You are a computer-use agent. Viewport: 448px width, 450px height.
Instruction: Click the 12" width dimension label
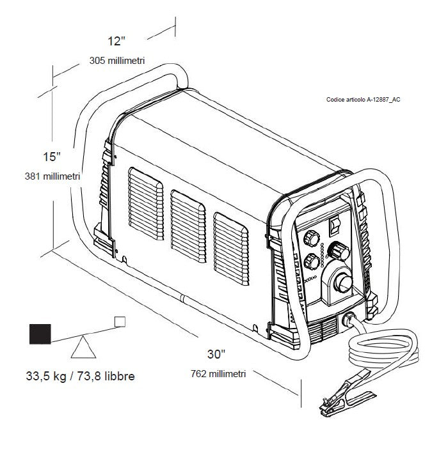(x=116, y=41)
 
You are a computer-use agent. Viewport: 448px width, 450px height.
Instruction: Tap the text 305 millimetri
(x=117, y=61)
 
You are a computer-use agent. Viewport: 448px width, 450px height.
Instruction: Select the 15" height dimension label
(x=52, y=157)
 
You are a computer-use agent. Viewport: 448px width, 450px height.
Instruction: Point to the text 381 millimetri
(x=52, y=176)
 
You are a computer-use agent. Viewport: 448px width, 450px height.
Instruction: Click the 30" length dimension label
(x=216, y=354)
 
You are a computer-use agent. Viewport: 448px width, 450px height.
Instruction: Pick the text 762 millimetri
(x=218, y=374)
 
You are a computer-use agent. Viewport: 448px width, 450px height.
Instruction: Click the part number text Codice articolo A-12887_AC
(x=364, y=100)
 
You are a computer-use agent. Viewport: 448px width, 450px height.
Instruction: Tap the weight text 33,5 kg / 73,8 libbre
(x=80, y=376)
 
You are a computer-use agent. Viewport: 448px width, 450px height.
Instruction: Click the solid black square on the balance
(x=40, y=334)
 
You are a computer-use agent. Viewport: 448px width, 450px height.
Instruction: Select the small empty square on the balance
(x=120, y=322)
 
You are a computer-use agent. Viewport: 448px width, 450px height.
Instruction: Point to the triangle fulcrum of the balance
(x=83, y=347)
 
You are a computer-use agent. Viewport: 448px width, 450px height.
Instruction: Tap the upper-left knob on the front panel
(x=312, y=238)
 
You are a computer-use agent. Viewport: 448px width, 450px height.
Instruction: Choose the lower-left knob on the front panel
(x=312, y=261)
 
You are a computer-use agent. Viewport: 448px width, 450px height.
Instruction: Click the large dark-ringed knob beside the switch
(x=339, y=251)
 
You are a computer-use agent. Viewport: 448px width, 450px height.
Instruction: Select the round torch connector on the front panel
(x=342, y=283)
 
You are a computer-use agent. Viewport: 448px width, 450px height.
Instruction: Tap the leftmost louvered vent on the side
(x=146, y=204)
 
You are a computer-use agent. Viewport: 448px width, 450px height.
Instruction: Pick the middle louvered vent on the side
(x=188, y=226)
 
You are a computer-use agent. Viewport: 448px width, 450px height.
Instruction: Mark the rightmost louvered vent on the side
(x=231, y=249)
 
